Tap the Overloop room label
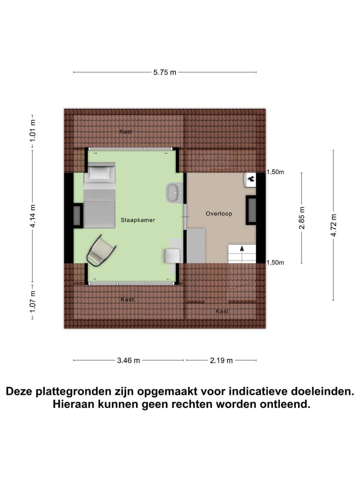click(219, 213)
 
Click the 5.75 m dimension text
click(165, 72)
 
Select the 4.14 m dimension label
click(33, 216)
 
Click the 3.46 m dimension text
click(128, 360)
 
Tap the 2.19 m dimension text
click(220, 360)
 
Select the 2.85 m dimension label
click(301, 217)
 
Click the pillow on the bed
click(102, 173)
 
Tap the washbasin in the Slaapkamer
click(174, 192)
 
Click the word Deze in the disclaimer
click(22, 391)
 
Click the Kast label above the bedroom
click(125, 131)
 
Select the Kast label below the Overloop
click(222, 311)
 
